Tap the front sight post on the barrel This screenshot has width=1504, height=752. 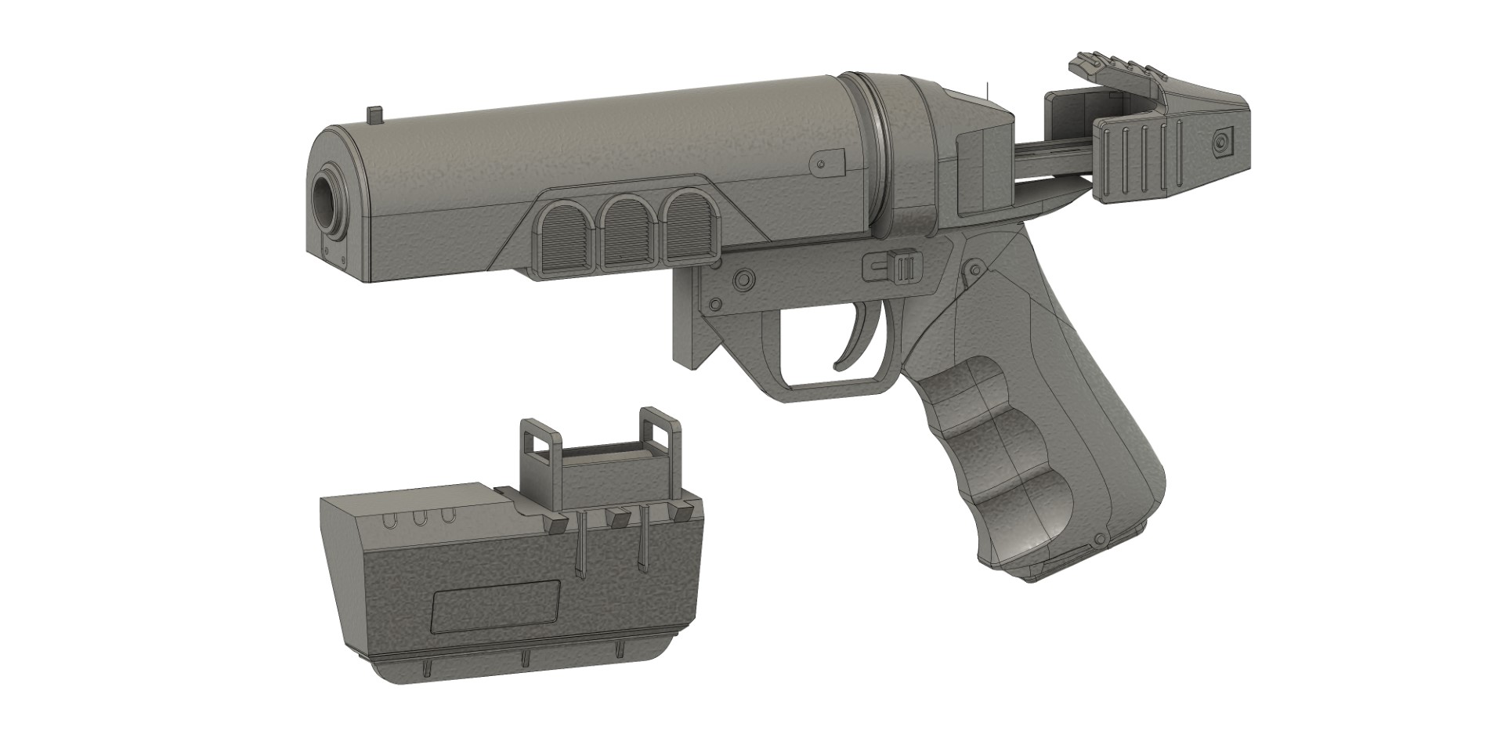(x=374, y=114)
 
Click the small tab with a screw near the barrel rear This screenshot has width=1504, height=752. (x=828, y=162)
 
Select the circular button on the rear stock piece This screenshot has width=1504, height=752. (x=1220, y=143)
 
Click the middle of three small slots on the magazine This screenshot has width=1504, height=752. (x=419, y=519)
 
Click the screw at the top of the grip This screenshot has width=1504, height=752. (x=974, y=269)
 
